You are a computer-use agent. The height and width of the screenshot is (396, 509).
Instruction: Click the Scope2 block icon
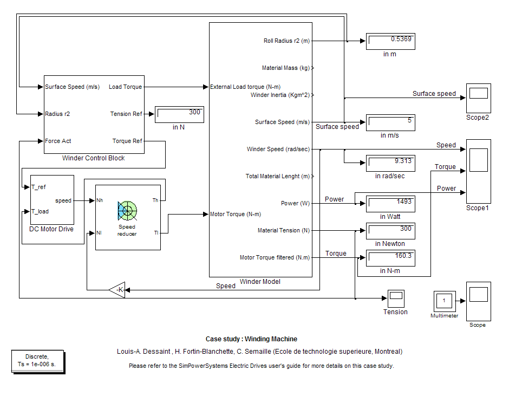pos(478,98)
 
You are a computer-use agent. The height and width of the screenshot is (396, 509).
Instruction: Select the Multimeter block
pos(444,301)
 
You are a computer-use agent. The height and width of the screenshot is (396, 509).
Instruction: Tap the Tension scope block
pos(396,298)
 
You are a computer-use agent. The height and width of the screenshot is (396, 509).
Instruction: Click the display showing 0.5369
pos(390,41)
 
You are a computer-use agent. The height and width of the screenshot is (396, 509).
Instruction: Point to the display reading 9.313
pos(390,163)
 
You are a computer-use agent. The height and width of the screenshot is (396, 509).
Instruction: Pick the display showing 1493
pos(390,204)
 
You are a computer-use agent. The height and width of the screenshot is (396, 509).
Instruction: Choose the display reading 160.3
pos(390,258)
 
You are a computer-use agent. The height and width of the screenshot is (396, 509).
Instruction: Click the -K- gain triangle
pos(118,290)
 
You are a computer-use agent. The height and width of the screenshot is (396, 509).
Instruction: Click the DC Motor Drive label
pos(51,229)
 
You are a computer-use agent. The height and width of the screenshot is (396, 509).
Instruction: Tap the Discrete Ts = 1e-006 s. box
pos(37,360)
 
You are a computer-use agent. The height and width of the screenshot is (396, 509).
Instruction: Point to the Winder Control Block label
pos(93,158)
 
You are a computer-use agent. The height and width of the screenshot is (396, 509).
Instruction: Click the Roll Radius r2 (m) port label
pos(286,41)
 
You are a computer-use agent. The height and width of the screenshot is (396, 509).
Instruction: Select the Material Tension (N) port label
pos(284,230)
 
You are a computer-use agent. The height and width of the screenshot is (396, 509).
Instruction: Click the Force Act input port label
pos(58,141)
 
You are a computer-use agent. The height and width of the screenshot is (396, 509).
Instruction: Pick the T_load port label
pos(40,211)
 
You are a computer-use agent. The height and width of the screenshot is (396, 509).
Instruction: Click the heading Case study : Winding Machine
pos(251,339)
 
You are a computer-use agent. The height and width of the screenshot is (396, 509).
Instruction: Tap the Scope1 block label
pos(478,208)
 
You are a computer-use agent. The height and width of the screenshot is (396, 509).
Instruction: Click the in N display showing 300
pos(179,114)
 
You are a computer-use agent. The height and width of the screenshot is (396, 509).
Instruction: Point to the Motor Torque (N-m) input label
pos(235,214)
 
